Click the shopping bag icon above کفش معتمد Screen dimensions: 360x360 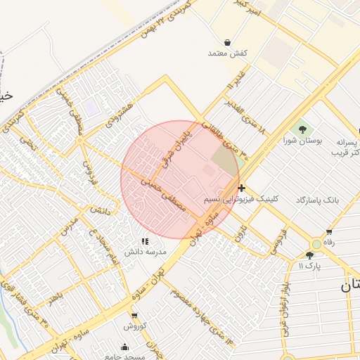[227, 42]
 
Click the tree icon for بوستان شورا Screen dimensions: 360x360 [302, 129]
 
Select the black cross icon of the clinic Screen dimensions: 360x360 [242, 188]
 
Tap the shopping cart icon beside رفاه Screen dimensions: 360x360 [329, 232]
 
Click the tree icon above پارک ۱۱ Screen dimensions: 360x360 [309, 255]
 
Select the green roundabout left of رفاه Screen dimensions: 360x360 [316, 244]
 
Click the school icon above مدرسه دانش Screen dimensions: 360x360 [146, 241]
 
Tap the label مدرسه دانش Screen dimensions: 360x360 [146, 251]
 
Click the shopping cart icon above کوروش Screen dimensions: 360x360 [134, 315]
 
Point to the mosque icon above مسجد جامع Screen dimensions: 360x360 [125, 347]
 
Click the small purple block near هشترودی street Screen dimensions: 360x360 [91, 108]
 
